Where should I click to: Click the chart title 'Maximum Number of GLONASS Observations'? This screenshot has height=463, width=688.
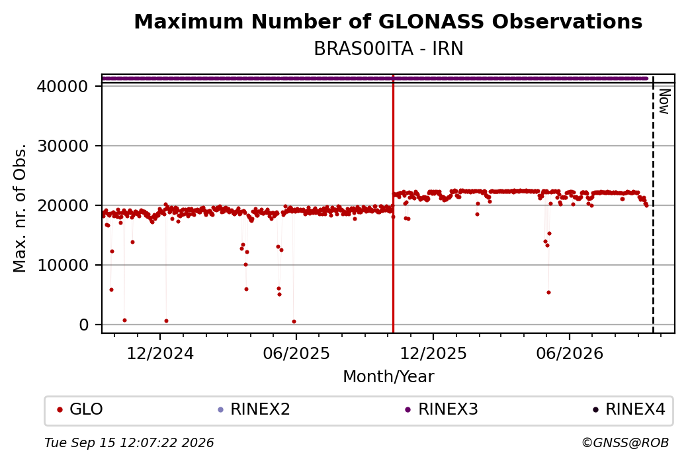[x=388, y=21]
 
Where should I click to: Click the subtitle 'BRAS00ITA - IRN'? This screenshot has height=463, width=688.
[x=388, y=49]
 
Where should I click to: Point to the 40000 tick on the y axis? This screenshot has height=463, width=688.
[x=62, y=86]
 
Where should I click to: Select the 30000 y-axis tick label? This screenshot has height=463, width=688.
[x=62, y=146]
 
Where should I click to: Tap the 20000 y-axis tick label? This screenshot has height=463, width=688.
[x=62, y=205]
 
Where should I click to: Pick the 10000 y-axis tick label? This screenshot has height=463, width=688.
[x=62, y=266]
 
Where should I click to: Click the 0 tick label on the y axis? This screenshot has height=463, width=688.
[x=84, y=325]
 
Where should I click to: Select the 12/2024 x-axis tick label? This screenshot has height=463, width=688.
[x=160, y=354]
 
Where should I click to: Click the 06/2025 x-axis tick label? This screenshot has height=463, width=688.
[x=296, y=354]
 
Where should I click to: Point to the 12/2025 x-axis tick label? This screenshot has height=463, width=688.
[x=433, y=354]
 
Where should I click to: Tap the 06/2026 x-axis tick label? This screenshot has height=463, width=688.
[x=570, y=354]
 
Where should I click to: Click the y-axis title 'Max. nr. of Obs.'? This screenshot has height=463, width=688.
[x=20, y=208]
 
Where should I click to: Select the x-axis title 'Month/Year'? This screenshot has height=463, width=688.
[x=388, y=377]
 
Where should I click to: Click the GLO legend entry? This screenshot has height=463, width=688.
[x=80, y=409]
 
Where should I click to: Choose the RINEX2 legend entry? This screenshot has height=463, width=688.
[x=254, y=409]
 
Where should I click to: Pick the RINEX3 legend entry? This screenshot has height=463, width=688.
[x=441, y=409]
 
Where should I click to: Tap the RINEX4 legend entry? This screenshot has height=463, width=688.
[x=628, y=409]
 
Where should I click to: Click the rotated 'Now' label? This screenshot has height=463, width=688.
[x=664, y=101]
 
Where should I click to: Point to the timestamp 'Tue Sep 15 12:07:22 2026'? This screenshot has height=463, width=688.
[x=129, y=442]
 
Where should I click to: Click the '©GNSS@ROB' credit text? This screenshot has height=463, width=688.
[x=625, y=442]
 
